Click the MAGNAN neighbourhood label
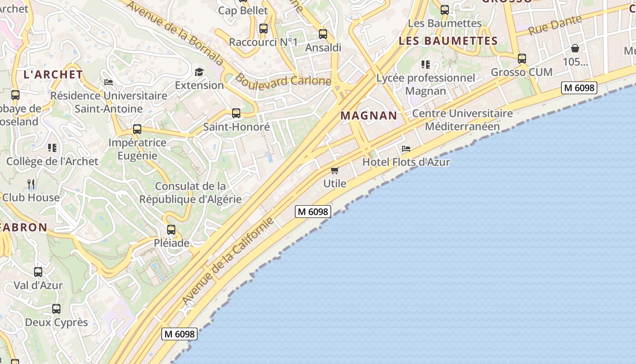point(369,116)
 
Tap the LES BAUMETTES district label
point(448,41)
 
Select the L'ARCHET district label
point(53,75)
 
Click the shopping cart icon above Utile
point(335,171)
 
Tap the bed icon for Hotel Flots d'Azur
point(406,149)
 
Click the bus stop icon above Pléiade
point(171,230)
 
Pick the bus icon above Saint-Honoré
point(236,113)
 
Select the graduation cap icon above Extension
point(199,72)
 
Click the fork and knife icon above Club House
point(31,184)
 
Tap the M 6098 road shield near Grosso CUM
point(579,88)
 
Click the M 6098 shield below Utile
point(313,211)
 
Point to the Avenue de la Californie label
point(228,261)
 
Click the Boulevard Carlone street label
point(283,81)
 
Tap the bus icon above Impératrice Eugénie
point(137,129)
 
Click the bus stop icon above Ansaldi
point(323,34)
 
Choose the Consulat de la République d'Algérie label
point(190,192)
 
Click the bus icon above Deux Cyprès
point(56,309)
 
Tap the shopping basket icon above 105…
point(575,48)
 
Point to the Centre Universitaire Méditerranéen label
point(462,120)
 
